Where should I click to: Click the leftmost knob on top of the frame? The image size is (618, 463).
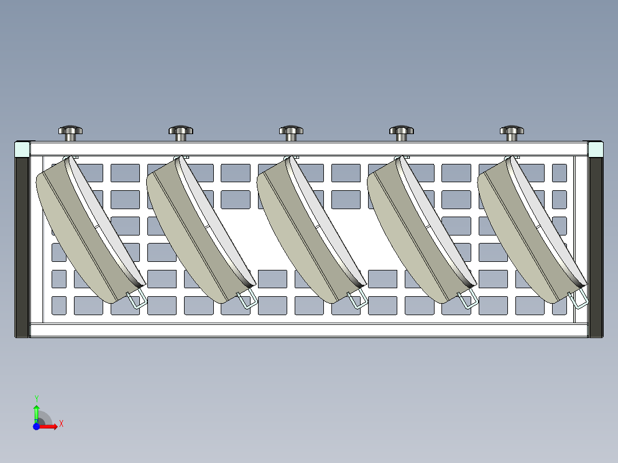point(71,133)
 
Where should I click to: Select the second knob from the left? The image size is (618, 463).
point(181,133)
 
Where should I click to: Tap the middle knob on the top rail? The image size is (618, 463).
point(291,133)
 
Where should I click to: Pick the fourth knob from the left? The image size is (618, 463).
point(402,133)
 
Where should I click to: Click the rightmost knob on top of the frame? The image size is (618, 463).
point(512,133)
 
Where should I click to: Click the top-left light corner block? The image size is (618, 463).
point(22,150)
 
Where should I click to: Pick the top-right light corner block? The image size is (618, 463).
point(596,150)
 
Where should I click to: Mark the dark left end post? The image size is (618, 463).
point(22,247)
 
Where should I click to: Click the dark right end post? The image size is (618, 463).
point(596,247)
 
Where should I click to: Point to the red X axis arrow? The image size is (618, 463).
point(48,426)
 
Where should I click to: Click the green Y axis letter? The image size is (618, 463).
point(37,398)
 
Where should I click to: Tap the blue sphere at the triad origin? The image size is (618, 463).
point(36,426)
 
